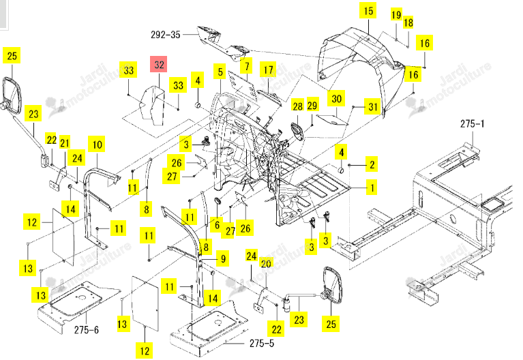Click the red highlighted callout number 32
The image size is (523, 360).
[159, 64]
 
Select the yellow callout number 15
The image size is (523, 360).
[368, 11]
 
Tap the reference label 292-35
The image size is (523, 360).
[166, 34]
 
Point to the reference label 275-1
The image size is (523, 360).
[473, 124]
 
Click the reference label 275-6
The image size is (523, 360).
[87, 329]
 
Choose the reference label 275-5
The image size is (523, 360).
[262, 343]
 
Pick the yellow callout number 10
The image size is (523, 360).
[97, 144]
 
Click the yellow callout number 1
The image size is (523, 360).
[372, 187]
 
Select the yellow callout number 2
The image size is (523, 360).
[372, 164]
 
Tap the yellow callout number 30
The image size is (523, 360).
[336, 98]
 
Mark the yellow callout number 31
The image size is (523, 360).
[372, 107]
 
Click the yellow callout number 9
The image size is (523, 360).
[223, 258]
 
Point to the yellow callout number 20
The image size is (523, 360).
[266, 264]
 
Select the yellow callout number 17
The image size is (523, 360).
[268, 70]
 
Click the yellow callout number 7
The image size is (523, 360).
[246, 65]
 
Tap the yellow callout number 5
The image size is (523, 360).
[220, 72]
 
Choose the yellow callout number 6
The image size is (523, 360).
[217, 224]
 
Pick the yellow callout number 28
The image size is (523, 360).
[297, 106]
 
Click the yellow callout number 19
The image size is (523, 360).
[396, 15]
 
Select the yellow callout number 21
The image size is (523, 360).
[65, 142]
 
